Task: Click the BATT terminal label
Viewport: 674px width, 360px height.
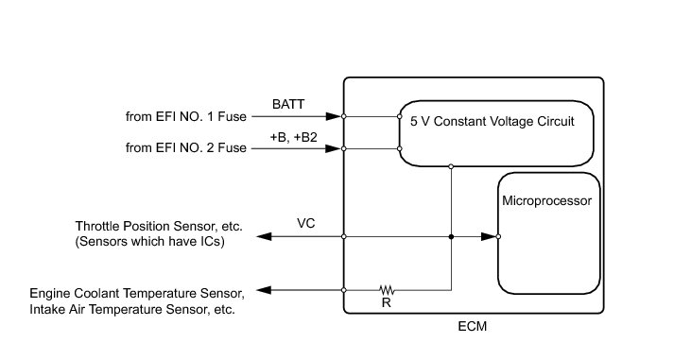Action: [288, 104]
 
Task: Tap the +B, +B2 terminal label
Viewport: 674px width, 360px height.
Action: [294, 137]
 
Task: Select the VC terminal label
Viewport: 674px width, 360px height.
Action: [305, 223]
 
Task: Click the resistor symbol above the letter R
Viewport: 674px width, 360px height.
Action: [387, 290]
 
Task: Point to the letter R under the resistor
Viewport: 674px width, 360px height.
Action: [386, 303]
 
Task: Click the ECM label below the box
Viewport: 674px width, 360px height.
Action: [472, 327]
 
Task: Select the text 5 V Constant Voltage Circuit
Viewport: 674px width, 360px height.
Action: [493, 122]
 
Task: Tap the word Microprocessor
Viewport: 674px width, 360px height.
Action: [546, 200]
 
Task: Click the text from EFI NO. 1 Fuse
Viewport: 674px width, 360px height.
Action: [185, 116]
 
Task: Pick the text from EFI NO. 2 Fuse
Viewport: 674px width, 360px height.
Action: [185, 147]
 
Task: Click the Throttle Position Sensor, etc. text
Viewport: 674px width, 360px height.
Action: [159, 227]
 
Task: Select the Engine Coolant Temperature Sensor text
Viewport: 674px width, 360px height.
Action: [137, 294]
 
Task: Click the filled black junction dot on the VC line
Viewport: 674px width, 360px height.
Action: [451, 237]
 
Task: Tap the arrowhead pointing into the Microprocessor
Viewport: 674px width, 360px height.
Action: [489, 237]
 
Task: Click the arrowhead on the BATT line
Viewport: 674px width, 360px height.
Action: [334, 116]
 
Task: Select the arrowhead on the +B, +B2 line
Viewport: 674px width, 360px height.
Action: [334, 148]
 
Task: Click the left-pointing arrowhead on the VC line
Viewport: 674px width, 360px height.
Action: [264, 237]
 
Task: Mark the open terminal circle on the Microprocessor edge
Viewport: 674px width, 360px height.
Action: [498, 237]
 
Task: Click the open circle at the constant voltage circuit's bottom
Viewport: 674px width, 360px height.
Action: [451, 166]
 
